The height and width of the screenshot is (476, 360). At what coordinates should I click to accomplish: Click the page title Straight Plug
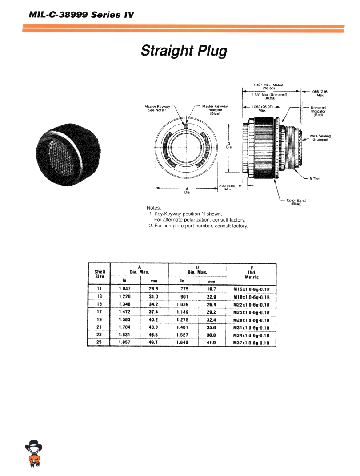pyautogui.click(x=184, y=51)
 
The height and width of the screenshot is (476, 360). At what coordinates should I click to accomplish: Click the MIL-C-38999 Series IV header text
pyautogui.click(x=81, y=14)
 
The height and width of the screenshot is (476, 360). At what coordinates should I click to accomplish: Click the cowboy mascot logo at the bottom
pyautogui.click(x=33, y=454)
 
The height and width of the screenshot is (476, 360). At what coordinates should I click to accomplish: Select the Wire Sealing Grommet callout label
pyautogui.click(x=320, y=138)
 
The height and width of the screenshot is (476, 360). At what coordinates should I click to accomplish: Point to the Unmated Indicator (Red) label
pyautogui.click(x=318, y=111)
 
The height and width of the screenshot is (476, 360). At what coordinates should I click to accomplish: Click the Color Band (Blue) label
pyautogui.click(x=296, y=202)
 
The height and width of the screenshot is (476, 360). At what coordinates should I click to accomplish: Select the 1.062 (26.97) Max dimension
pyautogui.click(x=262, y=109)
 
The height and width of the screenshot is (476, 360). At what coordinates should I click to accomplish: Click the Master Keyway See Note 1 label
pyautogui.click(x=157, y=108)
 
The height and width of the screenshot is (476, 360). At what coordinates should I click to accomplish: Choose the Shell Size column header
pyautogui.click(x=100, y=274)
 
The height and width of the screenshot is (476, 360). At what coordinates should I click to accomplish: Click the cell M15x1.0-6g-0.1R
pyautogui.click(x=252, y=289)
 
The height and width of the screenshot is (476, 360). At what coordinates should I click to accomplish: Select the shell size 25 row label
pyautogui.click(x=100, y=343)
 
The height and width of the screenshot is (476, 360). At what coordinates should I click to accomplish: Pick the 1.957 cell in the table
pyautogui.click(x=125, y=343)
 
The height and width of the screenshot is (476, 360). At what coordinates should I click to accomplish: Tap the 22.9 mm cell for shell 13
pyautogui.click(x=211, y=297)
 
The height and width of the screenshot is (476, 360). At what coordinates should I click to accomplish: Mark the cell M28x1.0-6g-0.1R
pyautogui.click(x=252, y=320)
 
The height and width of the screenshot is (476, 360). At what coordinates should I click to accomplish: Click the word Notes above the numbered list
pyautogui.click(x=154, y=208)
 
